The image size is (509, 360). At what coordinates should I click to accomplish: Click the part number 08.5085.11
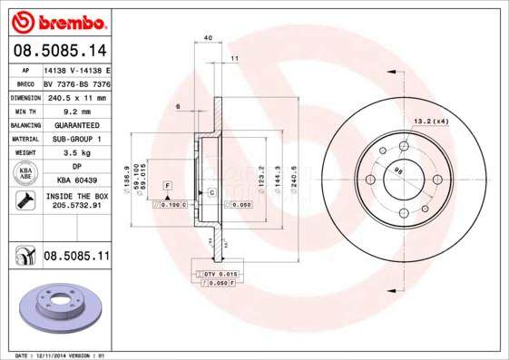(x=76, y=258)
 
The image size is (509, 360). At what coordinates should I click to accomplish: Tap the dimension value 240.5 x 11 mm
(x=76, y=97)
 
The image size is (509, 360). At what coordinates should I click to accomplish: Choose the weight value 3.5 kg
(x=76, y=153)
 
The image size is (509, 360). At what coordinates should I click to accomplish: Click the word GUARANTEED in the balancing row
(x=76, y=125)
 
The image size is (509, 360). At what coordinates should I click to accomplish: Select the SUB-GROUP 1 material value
(x=76, y=139)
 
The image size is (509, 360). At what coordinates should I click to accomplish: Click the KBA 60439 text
(x=76, y=180)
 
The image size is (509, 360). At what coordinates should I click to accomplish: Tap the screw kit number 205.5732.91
(x=76, y=207)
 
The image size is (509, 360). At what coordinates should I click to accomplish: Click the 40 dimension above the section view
(x=208, y=38)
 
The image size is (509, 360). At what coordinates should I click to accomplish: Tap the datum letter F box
(x=167, y=185)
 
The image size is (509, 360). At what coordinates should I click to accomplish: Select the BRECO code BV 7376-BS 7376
(x=76, y=83)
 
